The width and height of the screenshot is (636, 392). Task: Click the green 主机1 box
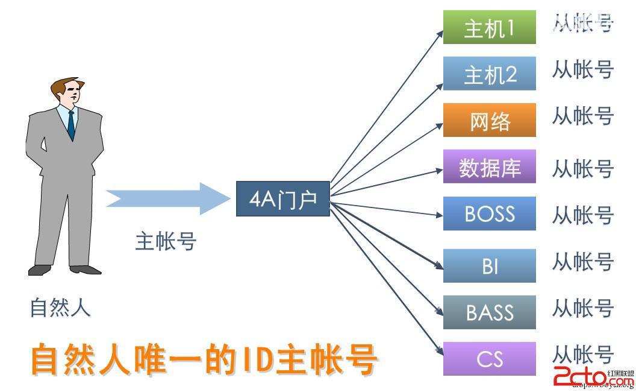pos(489,27)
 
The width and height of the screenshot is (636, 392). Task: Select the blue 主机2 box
pos(489,74)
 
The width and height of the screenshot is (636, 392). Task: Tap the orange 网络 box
pos(489,120)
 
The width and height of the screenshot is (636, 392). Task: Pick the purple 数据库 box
pos(489,167)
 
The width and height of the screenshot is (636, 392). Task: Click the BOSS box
pos(489,213)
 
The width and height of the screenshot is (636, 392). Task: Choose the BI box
pos(489,265)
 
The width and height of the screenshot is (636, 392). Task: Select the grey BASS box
pos(489,312)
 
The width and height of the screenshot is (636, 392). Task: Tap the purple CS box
pos(489,358)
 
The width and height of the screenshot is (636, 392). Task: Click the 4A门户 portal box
pos(282,198)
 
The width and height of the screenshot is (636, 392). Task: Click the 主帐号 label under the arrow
pos(166,241)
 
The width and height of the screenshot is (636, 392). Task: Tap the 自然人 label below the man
pos(60,308)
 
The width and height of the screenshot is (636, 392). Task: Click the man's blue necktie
pos(71,125)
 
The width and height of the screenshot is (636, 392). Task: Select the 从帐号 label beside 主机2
pos(582,70)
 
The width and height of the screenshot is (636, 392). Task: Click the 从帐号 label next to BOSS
pos(582,215)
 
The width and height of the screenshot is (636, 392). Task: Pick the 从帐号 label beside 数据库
pos(582,169)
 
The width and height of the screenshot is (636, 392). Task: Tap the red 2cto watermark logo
pos(587,376)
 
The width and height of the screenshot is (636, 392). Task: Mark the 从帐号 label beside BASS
pos(582,309)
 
